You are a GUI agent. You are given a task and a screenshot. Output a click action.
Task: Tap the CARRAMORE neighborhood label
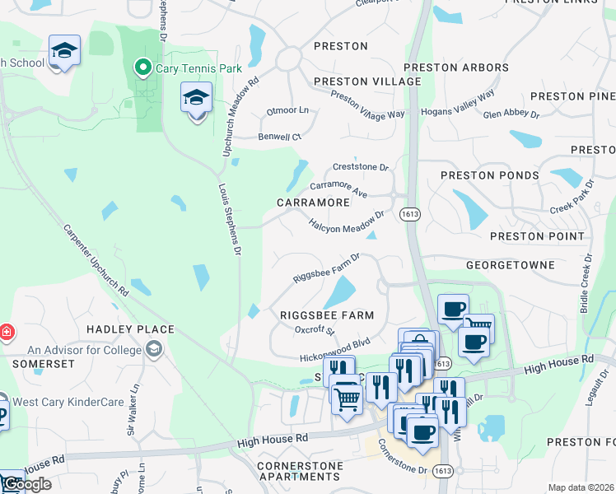click(x=313, y=203)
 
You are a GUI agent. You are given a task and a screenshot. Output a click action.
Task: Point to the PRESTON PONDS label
click(x=489, y=175)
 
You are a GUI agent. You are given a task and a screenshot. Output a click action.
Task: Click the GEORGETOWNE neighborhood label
click(x=508, y=266)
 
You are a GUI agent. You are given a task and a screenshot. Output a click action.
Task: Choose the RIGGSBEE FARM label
click(x=327, y=315)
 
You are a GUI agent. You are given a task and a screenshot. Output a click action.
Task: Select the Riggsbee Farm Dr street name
click(x=327, y=269)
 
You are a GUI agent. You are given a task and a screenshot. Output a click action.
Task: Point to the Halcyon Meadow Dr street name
click(x=347, y=221)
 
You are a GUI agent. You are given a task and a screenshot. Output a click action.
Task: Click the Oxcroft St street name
click(x=315, y=331)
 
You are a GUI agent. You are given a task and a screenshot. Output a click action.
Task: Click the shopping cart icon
click(x=348, y=398)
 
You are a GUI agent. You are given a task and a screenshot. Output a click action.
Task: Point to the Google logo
click(x=26, y=484)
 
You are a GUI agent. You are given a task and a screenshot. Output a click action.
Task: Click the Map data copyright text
click(x=581, y=487)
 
